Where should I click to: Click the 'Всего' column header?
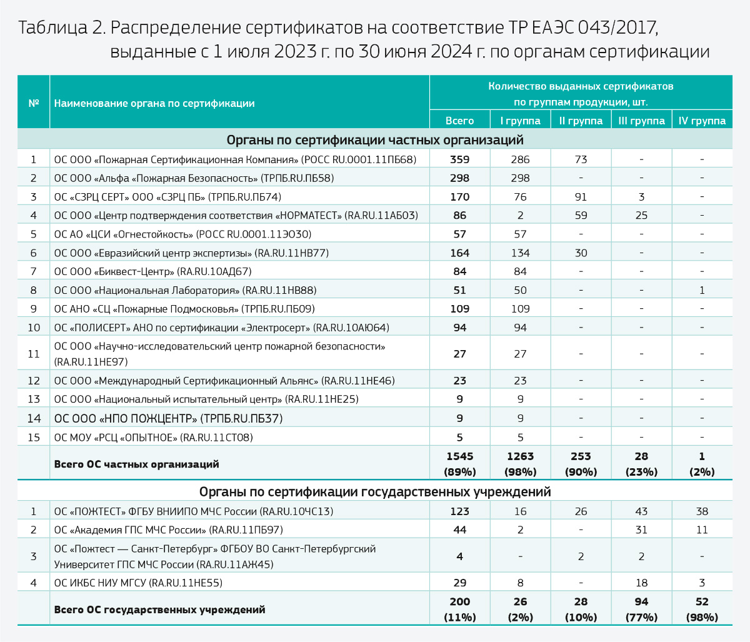pos(459,121)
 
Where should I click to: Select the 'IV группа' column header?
pos(702,121)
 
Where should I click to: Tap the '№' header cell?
pos(34,103)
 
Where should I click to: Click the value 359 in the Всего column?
pos(459,159)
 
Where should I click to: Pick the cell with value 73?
pos(581,159)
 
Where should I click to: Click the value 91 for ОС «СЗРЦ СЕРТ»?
pos(581,197)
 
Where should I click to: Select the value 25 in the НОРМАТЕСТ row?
pos(641,216)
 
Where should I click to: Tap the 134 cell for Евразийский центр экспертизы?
pos(520,253)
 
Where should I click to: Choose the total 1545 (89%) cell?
pos(459,464)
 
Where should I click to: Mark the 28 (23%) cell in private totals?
pos(641,464)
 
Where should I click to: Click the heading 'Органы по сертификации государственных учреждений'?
pos(375,491)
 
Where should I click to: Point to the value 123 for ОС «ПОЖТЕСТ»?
pos(459,511)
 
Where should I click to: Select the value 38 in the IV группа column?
pos(702,511)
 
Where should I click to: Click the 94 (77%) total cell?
pos(641,609)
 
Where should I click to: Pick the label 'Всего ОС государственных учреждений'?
pos(159,609)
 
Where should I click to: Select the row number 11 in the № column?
pos(34,354)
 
